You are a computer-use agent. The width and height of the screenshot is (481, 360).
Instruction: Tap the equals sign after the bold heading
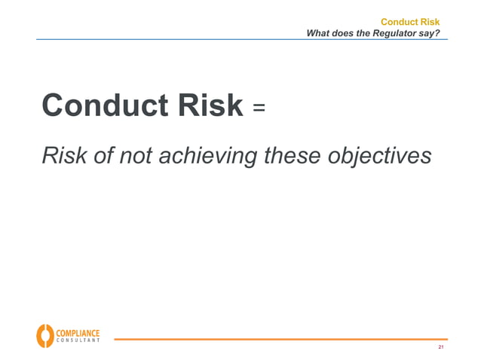[x=259, y=108]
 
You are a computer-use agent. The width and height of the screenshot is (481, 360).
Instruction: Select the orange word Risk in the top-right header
[x=429, y=22]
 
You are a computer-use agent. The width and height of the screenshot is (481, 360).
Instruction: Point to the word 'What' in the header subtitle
[x=319, y=33]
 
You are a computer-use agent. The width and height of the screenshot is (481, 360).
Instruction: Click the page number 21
[x=441, y=348]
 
